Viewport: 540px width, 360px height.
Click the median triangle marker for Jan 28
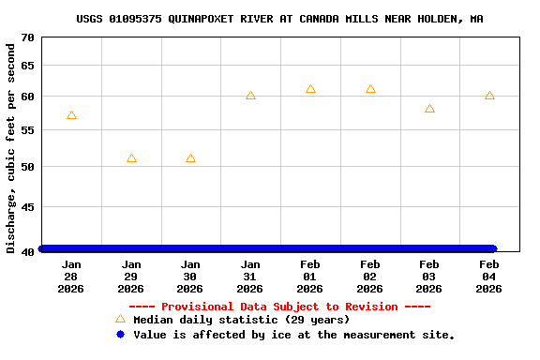(71, 115)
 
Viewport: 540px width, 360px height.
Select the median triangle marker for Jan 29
(131, 158)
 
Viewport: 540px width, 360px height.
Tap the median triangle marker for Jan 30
(190, 158)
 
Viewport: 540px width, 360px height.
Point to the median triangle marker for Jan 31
(250, 96)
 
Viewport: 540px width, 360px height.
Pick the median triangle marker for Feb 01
(310, 89)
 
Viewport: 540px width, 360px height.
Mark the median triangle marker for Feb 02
(370, 89)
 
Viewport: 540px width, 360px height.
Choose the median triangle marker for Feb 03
(429, 109)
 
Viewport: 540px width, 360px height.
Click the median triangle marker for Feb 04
(489, 96)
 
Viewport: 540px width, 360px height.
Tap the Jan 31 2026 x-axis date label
(250, 277)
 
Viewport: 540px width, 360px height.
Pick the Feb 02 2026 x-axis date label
(370, 277)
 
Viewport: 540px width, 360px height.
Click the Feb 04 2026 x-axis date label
(489, 277)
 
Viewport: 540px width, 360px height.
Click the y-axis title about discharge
(11, 146)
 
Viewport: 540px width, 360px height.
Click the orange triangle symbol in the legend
(120, 320)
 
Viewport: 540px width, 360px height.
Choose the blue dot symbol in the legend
(120, 335)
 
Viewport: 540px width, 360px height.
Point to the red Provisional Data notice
(279, 307)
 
